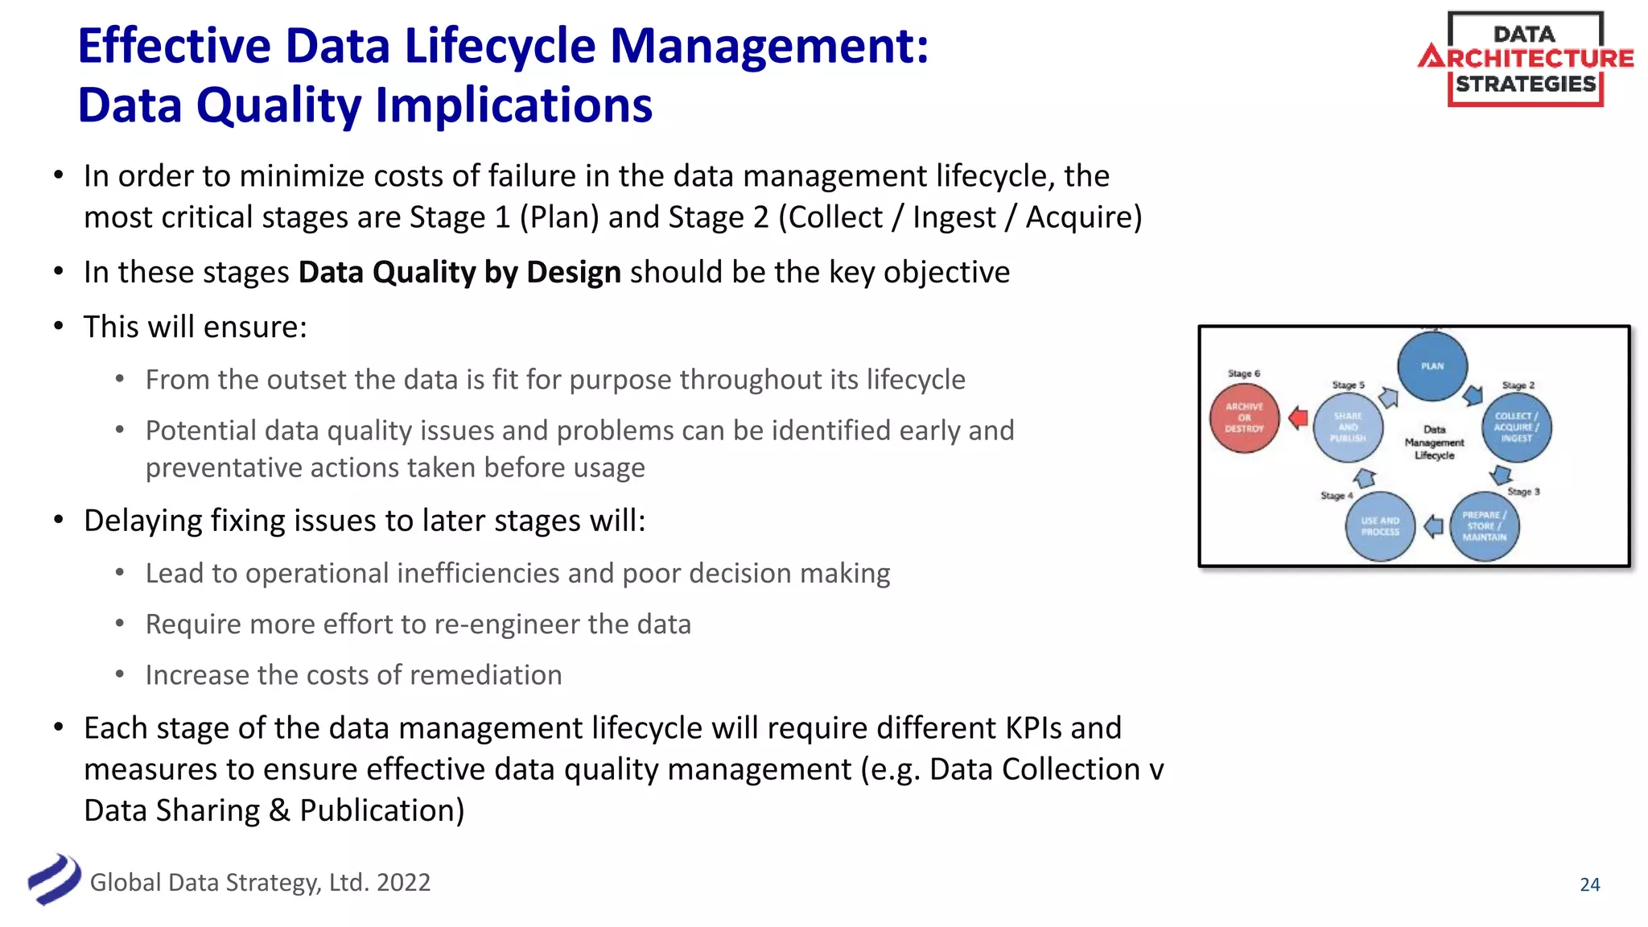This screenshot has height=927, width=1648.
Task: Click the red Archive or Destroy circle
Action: tap(1244, 418)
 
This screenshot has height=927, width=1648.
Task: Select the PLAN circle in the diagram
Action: tap(1432, 366)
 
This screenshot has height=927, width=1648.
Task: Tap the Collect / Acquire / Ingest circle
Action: tap(1516, 427)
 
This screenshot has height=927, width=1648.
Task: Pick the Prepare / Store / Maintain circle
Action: tap(1484, 526)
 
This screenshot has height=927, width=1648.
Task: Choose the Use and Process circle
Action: tap(1380, 526)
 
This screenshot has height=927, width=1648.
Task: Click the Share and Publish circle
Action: tap(1348, 427)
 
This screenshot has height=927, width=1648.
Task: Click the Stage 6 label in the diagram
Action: tap(1244, 373)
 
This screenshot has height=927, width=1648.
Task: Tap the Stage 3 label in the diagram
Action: tap(1523, 492)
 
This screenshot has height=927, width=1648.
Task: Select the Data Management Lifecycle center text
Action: tap(1434, 443)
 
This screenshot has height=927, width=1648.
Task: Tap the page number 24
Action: tap(1589, 884)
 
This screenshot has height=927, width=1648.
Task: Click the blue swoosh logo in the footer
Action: tap(54, 880)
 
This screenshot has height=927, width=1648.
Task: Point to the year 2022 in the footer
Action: tap(403, 883)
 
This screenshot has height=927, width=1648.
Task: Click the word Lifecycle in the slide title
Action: tap(500, 46)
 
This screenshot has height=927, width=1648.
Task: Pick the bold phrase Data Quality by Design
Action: tap(459, 273)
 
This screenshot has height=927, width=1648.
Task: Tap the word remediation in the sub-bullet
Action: tap(483, 675)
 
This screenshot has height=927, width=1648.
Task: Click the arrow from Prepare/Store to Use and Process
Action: tap(1433, 527)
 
